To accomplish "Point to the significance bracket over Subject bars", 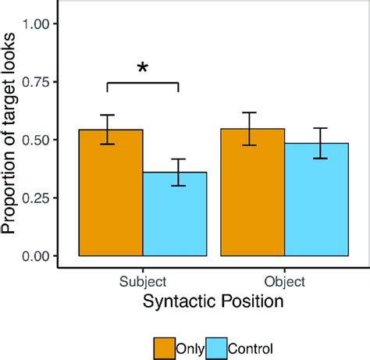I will pos(142,83).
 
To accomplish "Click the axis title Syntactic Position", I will pos(213,300).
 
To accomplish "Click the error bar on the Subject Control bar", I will pos(179,172).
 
